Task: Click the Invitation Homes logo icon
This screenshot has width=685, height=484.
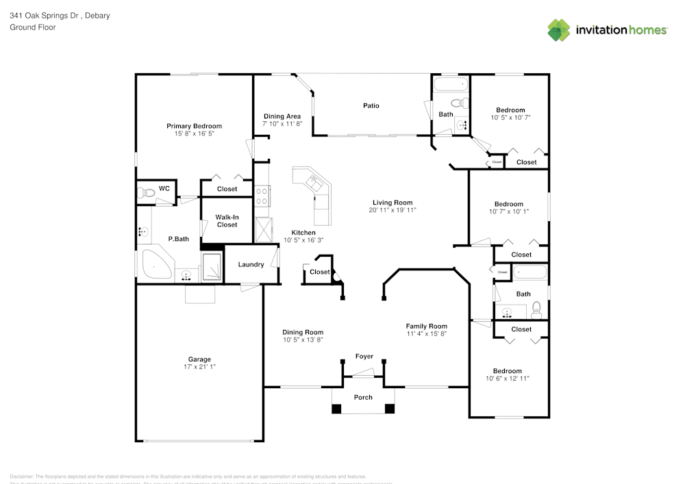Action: click(559, 29)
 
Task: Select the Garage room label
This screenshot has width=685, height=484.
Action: click(199, 359)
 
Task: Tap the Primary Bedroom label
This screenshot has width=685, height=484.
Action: click(194, 126)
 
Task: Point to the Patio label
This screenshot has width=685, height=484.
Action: click(371, 105)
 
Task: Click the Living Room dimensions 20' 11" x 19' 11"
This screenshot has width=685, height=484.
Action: click(393, 210)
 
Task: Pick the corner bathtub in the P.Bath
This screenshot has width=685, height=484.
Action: click(155, 265)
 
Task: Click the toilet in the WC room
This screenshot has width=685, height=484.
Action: click(145, 192)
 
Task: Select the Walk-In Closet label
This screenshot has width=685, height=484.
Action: click(227, 221)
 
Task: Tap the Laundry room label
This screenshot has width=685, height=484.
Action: click(251, 265)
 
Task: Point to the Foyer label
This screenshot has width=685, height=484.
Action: click(364, 356)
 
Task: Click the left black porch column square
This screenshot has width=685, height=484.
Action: click(336, 409)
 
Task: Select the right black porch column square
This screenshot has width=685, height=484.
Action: click(390, 409)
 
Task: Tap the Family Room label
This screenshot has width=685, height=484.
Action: click(426, 326)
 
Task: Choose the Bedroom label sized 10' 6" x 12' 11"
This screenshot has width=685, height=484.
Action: click(508, 371)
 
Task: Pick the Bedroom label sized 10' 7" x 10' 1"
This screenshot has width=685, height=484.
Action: click(509, 204)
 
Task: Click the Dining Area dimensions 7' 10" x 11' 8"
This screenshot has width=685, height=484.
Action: click(282, 124)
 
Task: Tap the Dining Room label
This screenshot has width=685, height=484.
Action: click(303, 332)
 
